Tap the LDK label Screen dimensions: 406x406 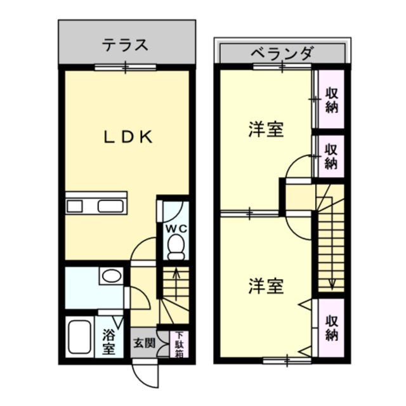click(128, 137)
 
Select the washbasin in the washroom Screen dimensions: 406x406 click(112, 277)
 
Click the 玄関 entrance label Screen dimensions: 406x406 click(144, 343)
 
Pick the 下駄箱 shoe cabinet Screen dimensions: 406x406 click(180, 344)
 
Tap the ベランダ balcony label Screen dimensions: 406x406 click(281, 53)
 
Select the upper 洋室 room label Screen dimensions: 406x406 click(265, 130)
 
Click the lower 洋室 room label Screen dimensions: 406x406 click(265, 285)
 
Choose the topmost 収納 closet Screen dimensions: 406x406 click(331, 100)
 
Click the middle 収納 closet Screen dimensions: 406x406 click(331, 156)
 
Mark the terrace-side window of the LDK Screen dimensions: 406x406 click(126, 67)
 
